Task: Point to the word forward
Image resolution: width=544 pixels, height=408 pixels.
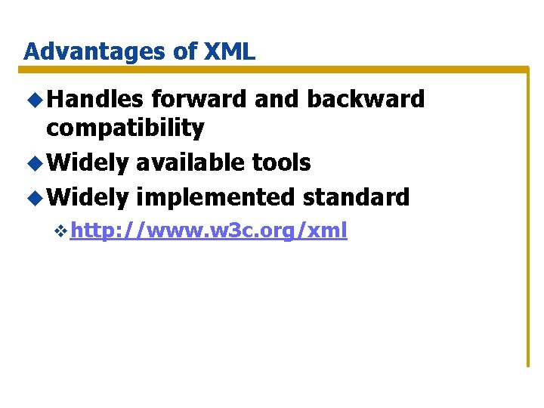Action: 199,99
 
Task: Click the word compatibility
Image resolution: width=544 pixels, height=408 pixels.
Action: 125,128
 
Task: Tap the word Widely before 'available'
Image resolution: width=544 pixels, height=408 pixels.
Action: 88,162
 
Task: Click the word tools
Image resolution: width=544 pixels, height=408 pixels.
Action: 281,162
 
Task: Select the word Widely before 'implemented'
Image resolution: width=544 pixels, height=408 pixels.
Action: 88,197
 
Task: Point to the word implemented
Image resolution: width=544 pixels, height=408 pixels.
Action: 216,197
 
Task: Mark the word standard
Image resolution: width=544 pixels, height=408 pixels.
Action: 356,197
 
